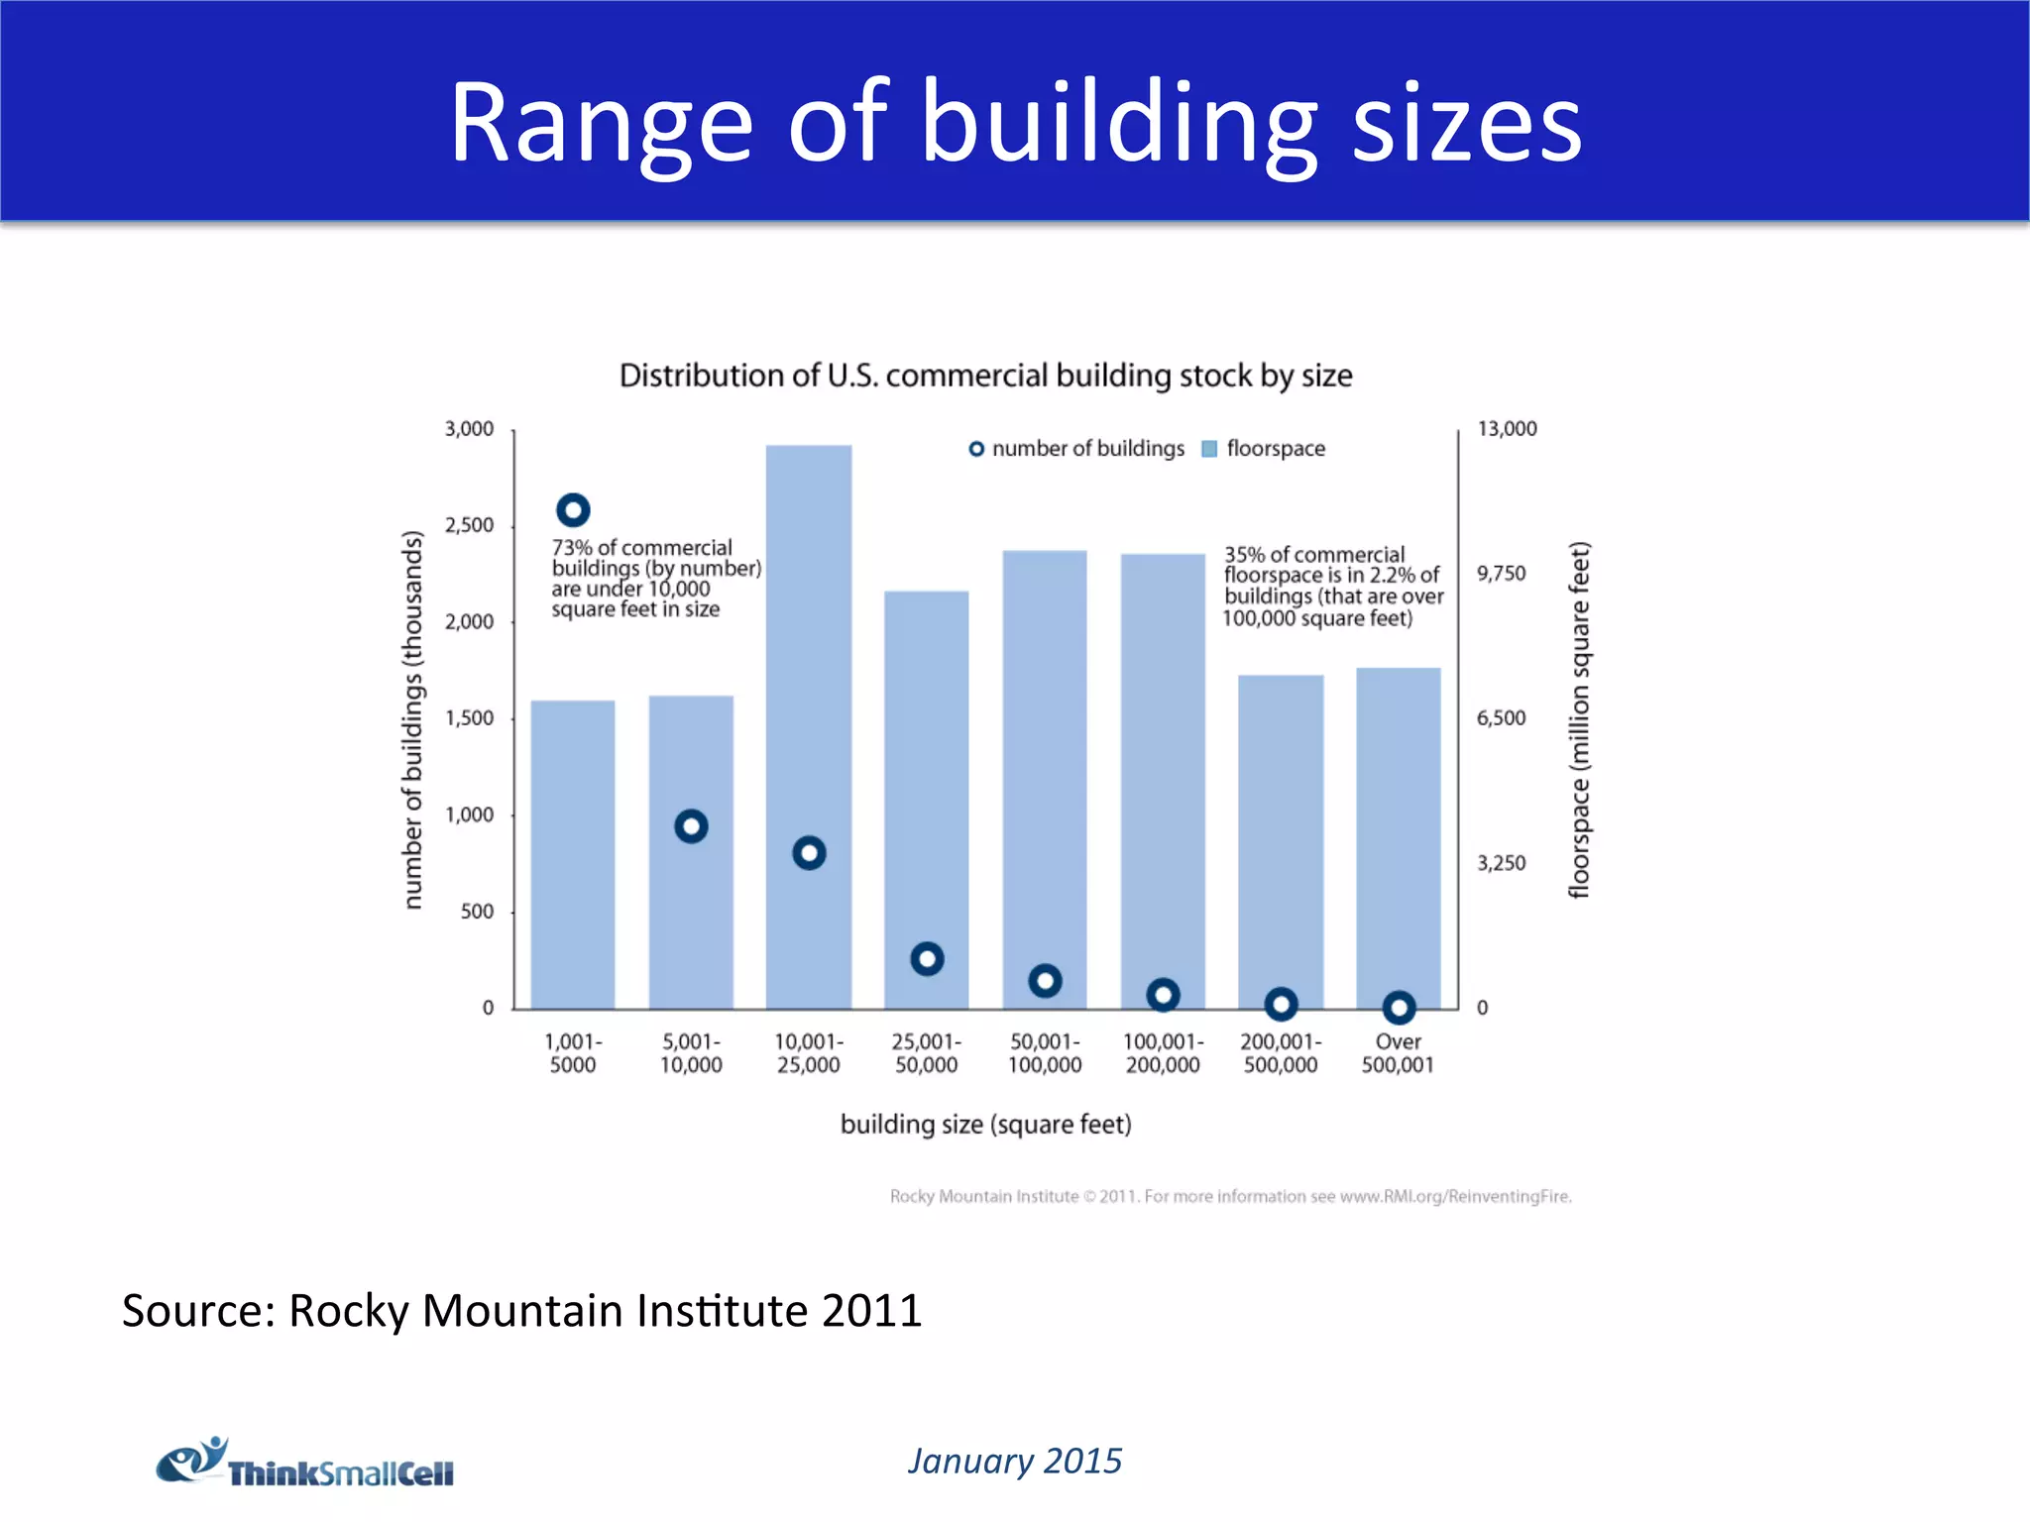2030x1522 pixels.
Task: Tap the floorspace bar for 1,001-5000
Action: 572,852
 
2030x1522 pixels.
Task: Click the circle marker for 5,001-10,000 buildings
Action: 691,825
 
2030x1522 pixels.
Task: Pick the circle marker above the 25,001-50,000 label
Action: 927,958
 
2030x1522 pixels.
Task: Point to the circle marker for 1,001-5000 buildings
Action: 573,510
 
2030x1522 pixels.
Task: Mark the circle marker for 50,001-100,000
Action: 1045,981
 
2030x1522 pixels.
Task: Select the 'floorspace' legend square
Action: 1209,449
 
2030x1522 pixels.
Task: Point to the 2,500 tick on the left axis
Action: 469,525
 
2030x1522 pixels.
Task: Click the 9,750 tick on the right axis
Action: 1501,574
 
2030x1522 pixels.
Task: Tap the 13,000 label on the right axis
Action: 1507,429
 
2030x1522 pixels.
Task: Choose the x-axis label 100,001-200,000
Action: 1163,1053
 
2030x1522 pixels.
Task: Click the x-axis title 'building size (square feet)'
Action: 985,1125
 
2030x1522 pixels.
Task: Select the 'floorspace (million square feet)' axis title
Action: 1579,719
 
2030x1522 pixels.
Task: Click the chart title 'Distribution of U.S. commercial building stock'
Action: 985,376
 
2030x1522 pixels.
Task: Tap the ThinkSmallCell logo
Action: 304,1463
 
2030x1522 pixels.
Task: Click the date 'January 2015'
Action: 1015,1461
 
